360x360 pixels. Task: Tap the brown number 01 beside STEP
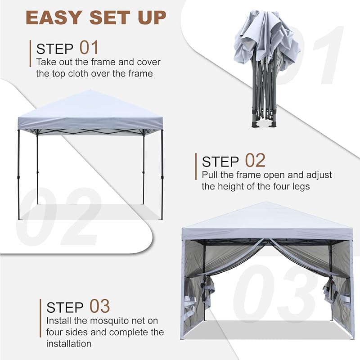(89, 48)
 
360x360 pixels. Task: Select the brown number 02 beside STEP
(255, 160)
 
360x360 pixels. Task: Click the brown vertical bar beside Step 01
(30, 54)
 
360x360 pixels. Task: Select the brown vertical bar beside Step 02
(196, 166)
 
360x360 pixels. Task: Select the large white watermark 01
(310, 56)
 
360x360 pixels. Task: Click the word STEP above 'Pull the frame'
(220, 162)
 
